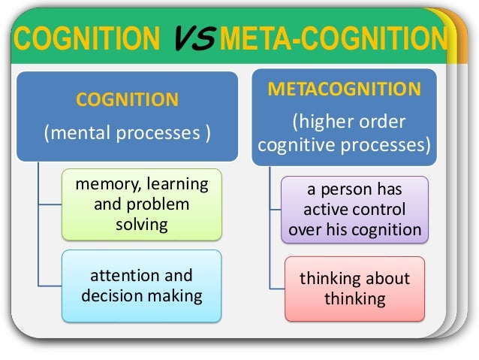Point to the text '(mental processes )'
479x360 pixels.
click(127, 135)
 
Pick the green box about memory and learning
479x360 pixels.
click(140, 205)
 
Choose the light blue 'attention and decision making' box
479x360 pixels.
click(140, 285)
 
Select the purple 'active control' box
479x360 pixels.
click(355, 210)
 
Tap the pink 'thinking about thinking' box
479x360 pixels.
click(355, 289)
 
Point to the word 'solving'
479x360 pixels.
click(141, 225)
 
